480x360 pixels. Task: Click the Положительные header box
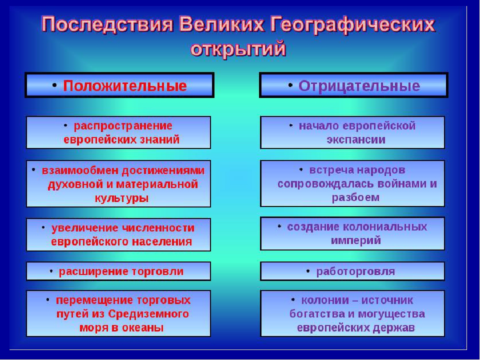pos(119,85)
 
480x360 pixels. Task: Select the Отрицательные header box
pos(353,85)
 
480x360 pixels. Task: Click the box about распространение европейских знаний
pos(118,132)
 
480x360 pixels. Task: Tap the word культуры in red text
pos(121,197)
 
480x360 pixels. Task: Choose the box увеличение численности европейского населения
pos(118,234)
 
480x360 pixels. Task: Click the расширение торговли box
pos(118,271)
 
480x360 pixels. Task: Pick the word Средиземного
pos(154,314)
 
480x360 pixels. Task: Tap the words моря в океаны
pos(121,328)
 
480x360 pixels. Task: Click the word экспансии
pos(356,139)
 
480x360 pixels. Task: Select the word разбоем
pos(355,197)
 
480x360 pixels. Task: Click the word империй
pos(356,240)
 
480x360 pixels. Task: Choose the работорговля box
pos(352,271)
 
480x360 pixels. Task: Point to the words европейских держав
pos(355,328)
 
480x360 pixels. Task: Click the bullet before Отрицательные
pos(290,84)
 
